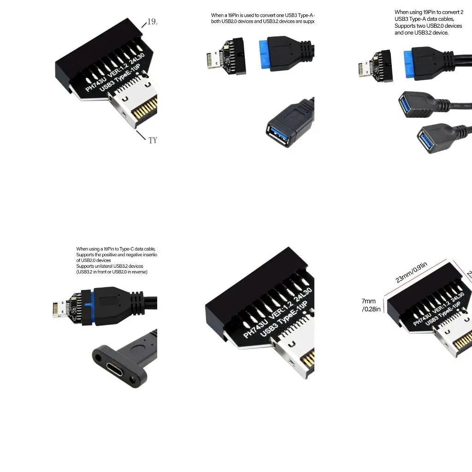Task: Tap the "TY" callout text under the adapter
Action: point(153,140)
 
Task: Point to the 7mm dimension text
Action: point(369,301)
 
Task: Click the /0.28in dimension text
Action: point(372,309)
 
